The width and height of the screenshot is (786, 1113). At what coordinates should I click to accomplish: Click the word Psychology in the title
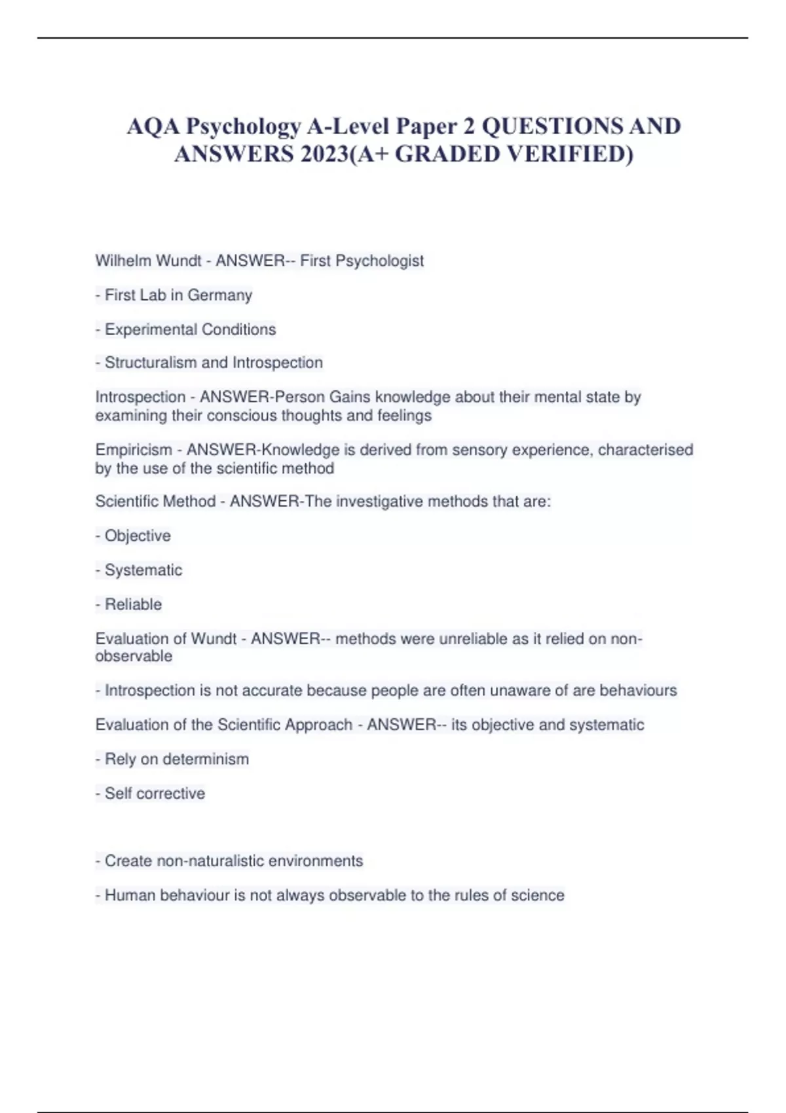coord(244,126)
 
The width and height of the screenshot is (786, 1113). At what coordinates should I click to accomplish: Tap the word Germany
coord(219,295)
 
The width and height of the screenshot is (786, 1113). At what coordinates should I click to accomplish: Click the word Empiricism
coord(134,450)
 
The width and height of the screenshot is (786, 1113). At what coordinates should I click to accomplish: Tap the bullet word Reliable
coord(133,604)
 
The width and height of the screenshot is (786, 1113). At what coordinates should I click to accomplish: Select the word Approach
coord(318,725)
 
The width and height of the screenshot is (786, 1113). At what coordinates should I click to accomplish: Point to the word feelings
coord(404,416)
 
